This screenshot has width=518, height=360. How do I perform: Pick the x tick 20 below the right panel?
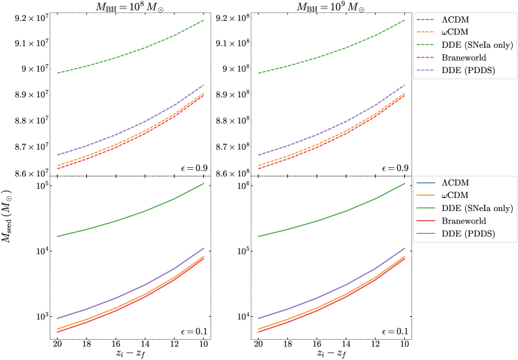tap(258, 344)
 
